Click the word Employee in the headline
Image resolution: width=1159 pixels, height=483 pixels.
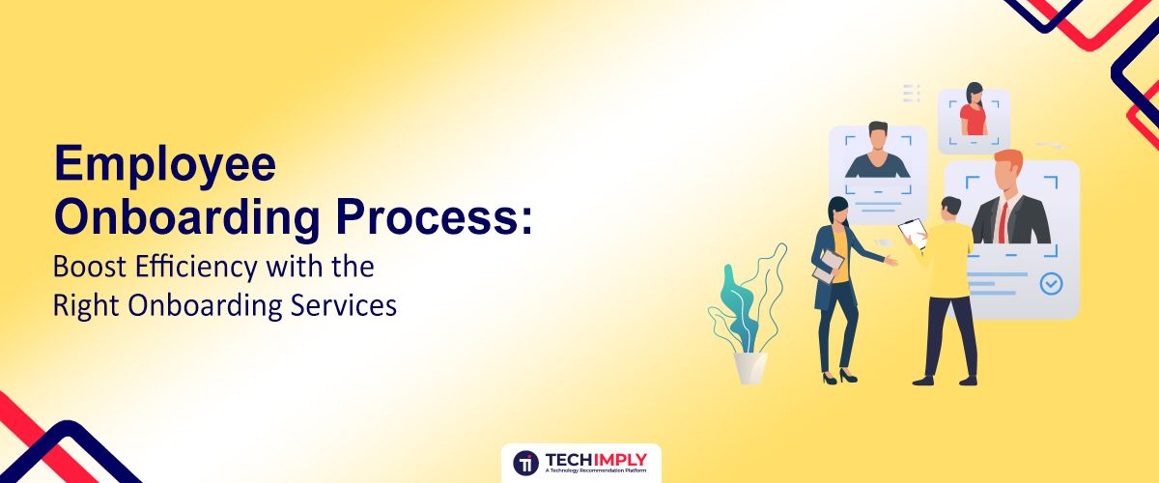click(165, 165)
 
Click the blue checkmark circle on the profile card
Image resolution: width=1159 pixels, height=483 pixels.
click(1051, 284)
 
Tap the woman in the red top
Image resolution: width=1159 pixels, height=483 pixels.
click(974, 113)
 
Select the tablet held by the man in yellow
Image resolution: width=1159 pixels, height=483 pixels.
click(912, 231)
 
